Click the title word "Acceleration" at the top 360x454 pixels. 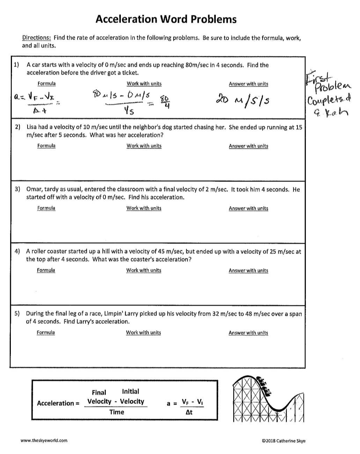tap(126, 19)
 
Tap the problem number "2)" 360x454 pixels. tap(17, 127)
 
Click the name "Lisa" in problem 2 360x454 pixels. tap(33, 127)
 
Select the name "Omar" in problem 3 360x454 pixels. tap(34, 189)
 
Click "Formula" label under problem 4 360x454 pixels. tap(46, 270)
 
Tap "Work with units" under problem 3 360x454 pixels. tap(144, 208)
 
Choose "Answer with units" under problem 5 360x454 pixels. tap(248, 333)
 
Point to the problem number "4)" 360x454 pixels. tap(17, 251)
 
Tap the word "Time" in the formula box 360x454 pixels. tap(117, 412)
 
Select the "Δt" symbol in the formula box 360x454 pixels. tap(189, 412)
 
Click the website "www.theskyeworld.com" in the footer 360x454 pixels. tap(44, 441)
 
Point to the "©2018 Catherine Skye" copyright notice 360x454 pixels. tap(284, 441)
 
